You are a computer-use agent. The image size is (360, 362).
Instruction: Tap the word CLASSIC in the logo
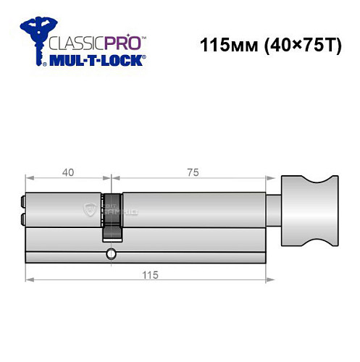[73, 41]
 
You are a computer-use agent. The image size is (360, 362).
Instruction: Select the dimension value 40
[67, 172]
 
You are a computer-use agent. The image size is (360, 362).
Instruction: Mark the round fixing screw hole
[111, 253]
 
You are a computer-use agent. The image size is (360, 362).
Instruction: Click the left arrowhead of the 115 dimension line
[28, 280]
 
